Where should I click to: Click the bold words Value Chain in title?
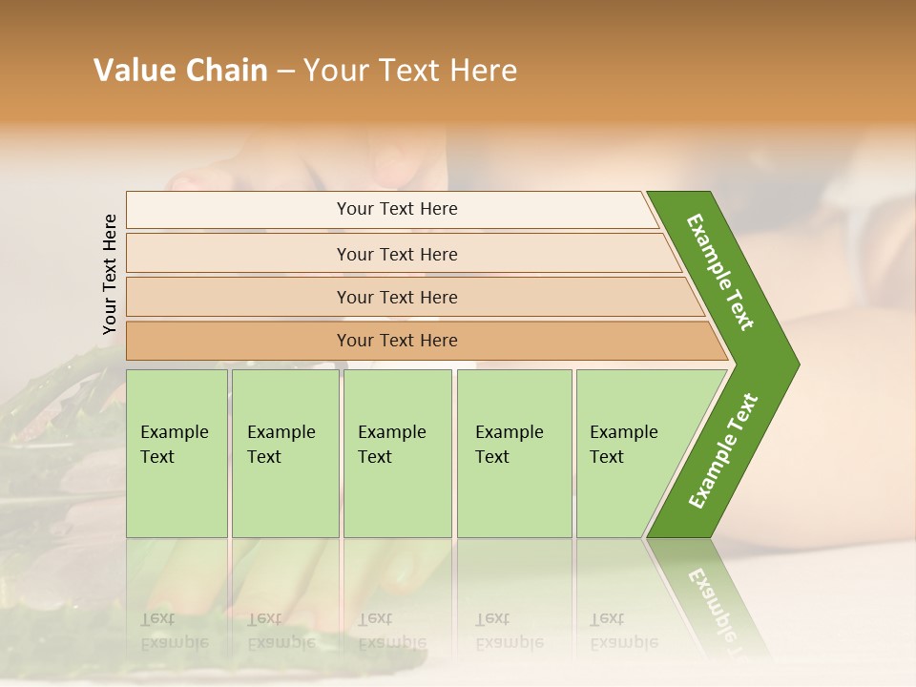180,71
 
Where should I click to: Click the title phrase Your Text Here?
410,71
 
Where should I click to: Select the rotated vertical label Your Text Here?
110,274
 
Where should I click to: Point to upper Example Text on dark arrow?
720,272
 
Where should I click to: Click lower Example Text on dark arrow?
723,450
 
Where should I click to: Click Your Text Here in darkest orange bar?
397,341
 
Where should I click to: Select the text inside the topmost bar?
397,209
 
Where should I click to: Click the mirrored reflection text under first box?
174,631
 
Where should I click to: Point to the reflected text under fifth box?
623,631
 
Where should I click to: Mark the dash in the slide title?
285,72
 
